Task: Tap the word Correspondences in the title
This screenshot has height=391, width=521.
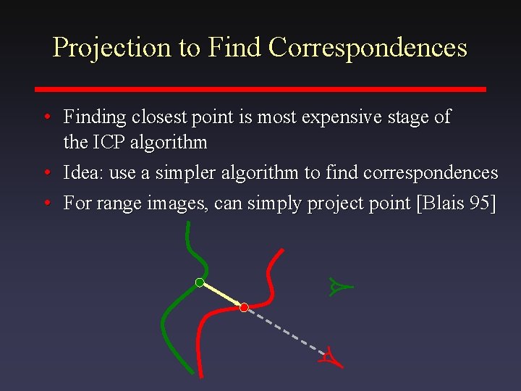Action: [368, 48]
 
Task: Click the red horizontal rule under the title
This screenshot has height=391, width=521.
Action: [260, 89]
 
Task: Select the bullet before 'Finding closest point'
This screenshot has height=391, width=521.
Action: [46, 117]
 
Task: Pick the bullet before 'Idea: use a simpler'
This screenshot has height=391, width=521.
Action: [46, 174]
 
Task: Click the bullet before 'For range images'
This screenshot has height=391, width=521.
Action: [46, 204]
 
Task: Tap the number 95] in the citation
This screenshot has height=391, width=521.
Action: [483, 203]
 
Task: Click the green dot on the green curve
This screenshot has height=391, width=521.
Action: [199, 282]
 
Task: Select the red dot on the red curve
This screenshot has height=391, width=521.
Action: [244, 308]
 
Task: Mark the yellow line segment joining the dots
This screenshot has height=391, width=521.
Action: [221, 295]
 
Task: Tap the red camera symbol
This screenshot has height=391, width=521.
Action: [329, 356]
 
